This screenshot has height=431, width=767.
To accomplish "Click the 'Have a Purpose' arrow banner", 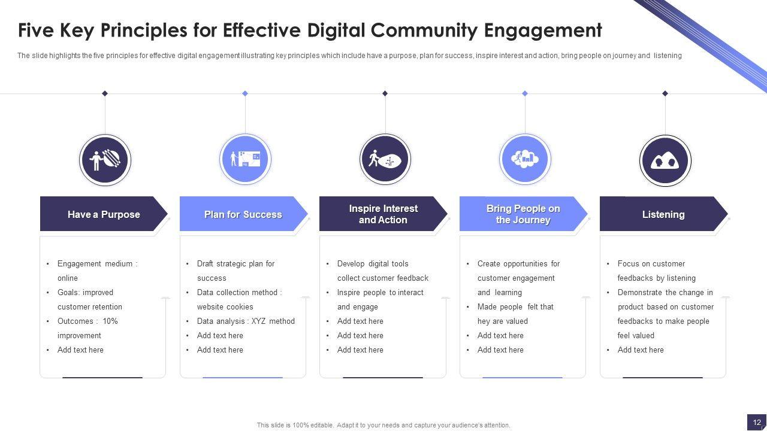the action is tap(103, 214).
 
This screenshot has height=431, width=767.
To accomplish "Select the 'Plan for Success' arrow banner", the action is tap(243, 214).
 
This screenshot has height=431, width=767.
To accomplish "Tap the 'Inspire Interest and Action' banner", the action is tap(383, 214).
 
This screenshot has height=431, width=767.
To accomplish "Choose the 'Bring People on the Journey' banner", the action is tap(523, 214).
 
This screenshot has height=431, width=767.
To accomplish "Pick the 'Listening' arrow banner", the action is tap(663, 214).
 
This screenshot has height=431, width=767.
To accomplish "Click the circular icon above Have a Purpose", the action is tap(105, 160).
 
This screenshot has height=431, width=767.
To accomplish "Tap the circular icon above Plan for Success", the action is tap(245, 160).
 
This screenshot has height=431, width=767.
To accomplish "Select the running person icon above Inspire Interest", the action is tap(385, 160).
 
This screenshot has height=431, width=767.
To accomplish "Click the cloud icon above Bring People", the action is tap(525, 159).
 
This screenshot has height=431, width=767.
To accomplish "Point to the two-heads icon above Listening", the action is tap(665, 160).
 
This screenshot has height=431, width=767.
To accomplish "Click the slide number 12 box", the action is tap(757, 422).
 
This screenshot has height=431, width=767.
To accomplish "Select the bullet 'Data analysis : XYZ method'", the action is tap(246, 321).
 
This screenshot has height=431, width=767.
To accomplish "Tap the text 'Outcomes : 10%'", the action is tap(87, 321).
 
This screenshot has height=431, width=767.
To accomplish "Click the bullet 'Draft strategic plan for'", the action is tap(235, 264).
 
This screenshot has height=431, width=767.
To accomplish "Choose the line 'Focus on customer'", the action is tap(651, 264).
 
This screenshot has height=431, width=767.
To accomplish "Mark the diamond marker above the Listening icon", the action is tap(665, 93).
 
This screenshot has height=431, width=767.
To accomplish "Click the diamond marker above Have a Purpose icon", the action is tap(105, 93).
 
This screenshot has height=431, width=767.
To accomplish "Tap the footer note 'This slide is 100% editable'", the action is tap(383, 425).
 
